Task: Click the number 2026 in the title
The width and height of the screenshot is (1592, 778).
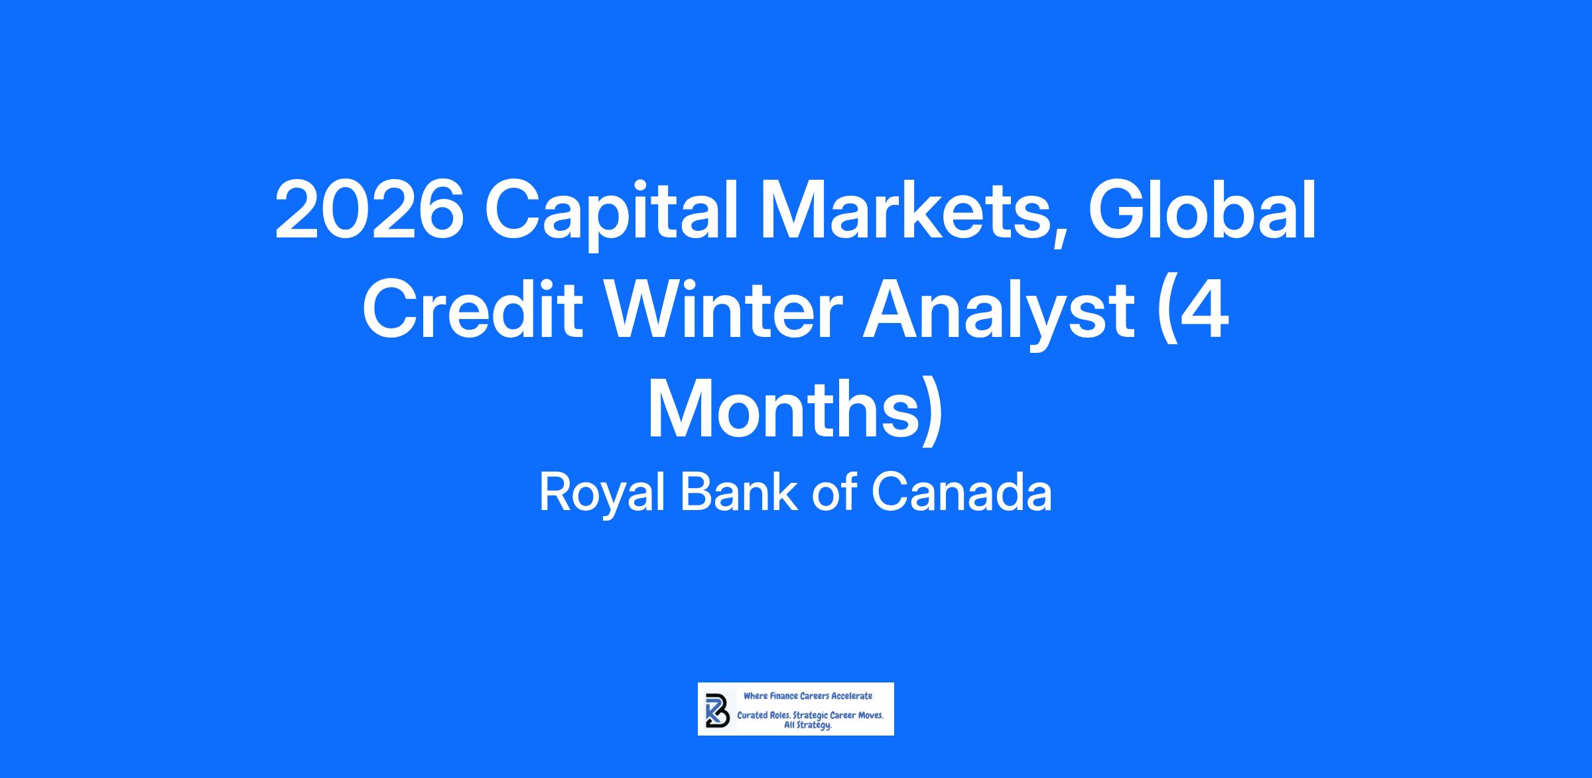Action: point(369,210)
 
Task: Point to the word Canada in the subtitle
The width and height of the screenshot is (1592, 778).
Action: point(961,492)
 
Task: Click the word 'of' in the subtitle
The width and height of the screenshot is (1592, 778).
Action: point(834,492)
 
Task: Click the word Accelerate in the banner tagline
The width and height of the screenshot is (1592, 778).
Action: point(852,696)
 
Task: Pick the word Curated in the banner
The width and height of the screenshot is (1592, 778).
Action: point(752,716)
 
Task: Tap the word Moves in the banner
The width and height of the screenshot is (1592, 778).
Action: point(871,716)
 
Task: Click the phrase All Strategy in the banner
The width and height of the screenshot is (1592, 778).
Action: point(808,726)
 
